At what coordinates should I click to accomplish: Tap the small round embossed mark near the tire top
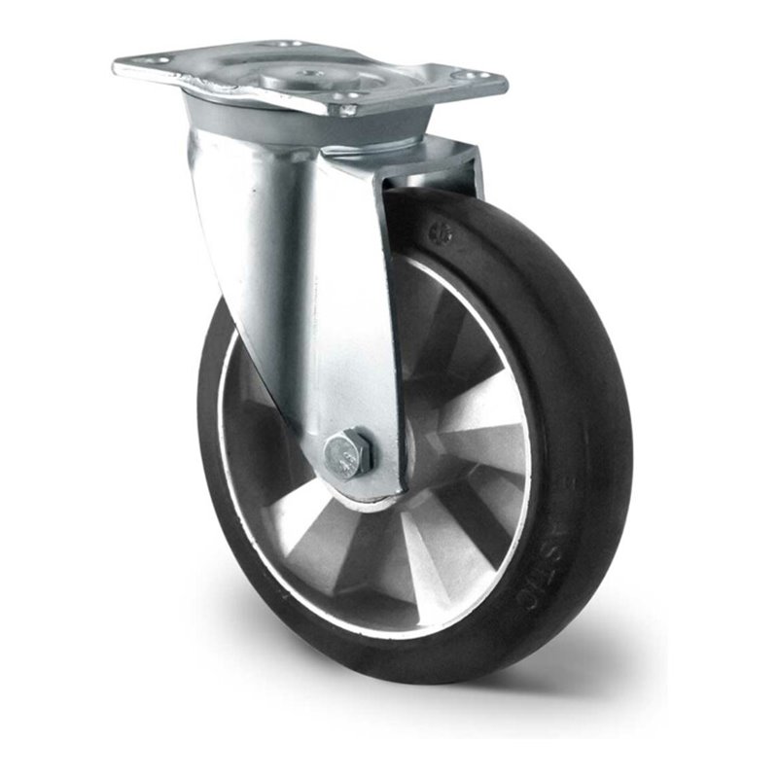(x=445, y=232)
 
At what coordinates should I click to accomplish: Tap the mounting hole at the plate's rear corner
(x=285, y=44)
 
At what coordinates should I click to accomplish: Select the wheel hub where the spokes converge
(x=408, y=457)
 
